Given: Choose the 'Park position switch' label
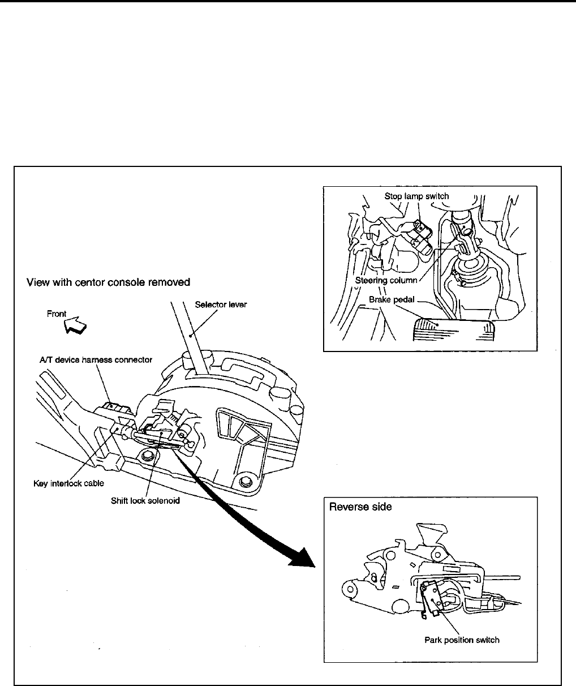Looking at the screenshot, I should pos(462,640).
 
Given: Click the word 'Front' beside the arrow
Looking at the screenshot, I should pos(57,314).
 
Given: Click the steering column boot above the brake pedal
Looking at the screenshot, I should pos(472,277).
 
